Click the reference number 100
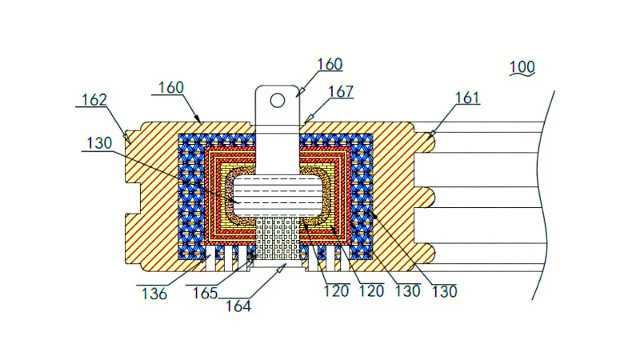pyautogui.click(x=522, y=66)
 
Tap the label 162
pyautogui.click(x=95, y=100)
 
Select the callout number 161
pyautogui.click(x=467, y=98)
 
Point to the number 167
pyautogui.click(x=339, y=91)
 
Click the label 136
pyautogui.click(x=154, y=294)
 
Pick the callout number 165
pyautogui.click(x=206, y=293)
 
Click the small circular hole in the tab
pyautogui.click(x=277, y=100)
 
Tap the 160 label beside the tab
pyautogui.click(x=329, y=64)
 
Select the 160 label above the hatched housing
pyautogui.click(x=174, y=86)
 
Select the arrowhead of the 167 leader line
pyautogui.click(x=308, y=120)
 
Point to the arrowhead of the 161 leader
pyautogui.click(x=432, y=134)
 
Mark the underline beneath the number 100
pyautogui.click(x=522, y=75)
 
